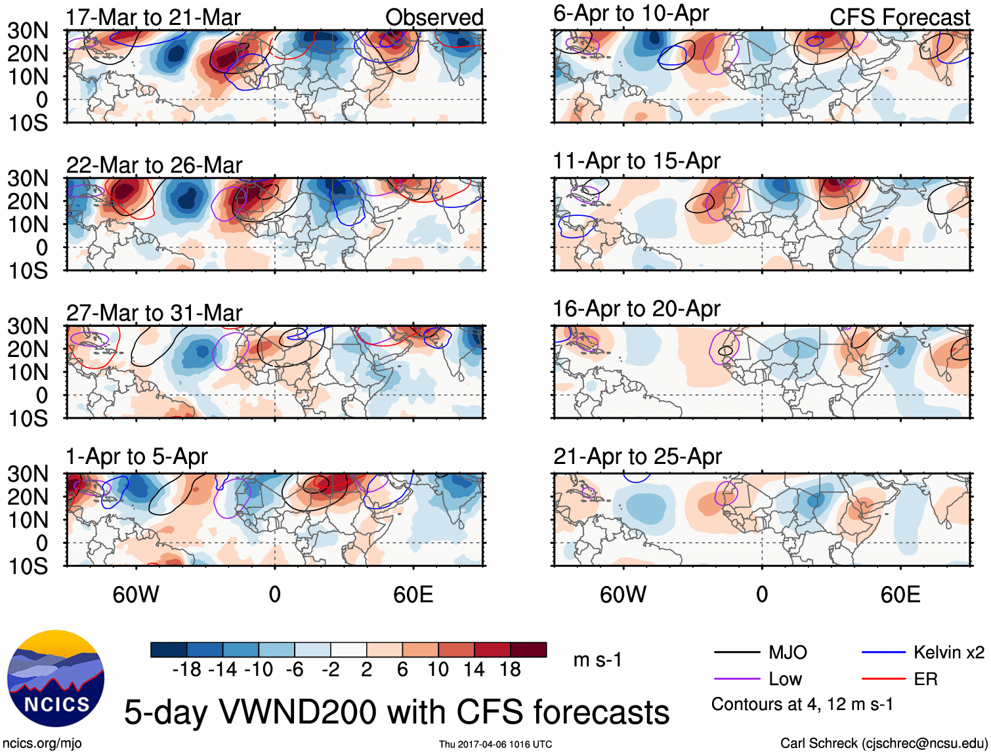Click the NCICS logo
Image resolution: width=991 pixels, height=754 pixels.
pos(56,679)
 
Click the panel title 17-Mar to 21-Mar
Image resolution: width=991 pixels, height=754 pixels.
pos(153,18)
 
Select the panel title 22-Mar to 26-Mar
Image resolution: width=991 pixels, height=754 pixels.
pos(154,165)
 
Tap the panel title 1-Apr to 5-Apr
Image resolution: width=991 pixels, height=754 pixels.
pos(137,457)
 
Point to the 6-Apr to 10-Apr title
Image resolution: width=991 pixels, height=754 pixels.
pos(631,14)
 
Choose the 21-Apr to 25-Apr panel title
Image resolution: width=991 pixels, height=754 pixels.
pos(637,457)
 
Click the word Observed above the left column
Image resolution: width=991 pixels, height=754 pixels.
pos(434,18)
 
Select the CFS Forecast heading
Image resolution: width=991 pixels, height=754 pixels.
pos(899,18)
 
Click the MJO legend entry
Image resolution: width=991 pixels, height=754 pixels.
pos(788,652)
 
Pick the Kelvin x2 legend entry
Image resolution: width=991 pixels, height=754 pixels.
pos(948,652)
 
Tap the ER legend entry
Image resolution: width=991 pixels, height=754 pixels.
pos(925,679)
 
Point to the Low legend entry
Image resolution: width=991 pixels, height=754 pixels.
pos(785,679)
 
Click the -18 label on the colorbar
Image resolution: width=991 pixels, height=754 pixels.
pos(186,669)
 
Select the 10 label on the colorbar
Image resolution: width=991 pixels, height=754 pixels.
pos(438,669)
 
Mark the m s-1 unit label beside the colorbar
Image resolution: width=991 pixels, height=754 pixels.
pos(597,660)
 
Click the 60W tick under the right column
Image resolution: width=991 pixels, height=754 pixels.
pos(623,595)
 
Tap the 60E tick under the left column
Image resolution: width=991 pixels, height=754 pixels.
pos(413,595)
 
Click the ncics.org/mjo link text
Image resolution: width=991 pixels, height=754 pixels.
pos(42,744)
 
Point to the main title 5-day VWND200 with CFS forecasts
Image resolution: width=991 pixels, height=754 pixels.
pos(396,713)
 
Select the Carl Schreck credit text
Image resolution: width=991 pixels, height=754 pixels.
pos(883,744)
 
